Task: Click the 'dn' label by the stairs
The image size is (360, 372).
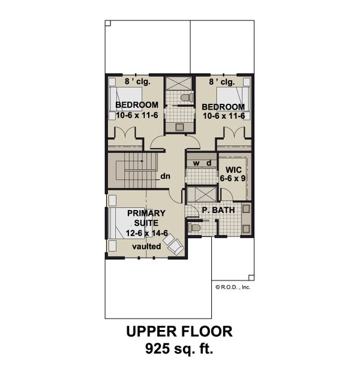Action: point(166,177)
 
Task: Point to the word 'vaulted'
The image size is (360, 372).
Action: point(147,247)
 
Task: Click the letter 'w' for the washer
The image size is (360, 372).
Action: point(195,163)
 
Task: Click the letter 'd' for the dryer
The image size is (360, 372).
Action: point(208,163)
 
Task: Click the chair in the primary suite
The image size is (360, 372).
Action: point(173,242)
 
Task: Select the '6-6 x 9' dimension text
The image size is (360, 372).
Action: point(231,178)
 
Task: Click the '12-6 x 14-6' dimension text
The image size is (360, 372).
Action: point(147,233)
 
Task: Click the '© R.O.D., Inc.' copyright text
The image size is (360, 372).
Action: point(233,287)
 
